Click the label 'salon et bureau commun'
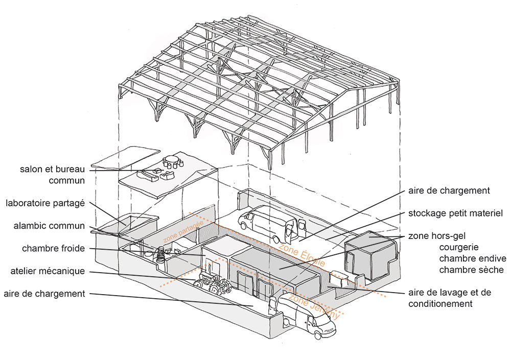tap(52, 174)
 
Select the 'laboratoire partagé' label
tap(45, 203)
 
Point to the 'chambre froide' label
tap(53, 249)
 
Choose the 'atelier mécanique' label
tap(48, 271)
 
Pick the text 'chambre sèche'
tap(471, 270)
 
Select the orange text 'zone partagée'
tap(183, 231)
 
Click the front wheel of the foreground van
tap(318, 335)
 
